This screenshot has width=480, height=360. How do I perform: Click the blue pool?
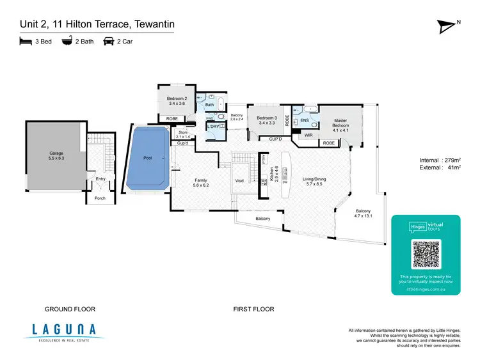(x=148, y=158)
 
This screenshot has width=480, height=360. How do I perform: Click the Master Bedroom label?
(x=340, y=123)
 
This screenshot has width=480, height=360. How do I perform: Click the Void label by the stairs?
(x=239, y=181)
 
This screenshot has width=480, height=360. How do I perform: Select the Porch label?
(x=100, y=198)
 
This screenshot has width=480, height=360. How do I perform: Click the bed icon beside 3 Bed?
(x=25, y=43)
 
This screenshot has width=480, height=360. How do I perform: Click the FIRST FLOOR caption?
(x=254, y=309)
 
